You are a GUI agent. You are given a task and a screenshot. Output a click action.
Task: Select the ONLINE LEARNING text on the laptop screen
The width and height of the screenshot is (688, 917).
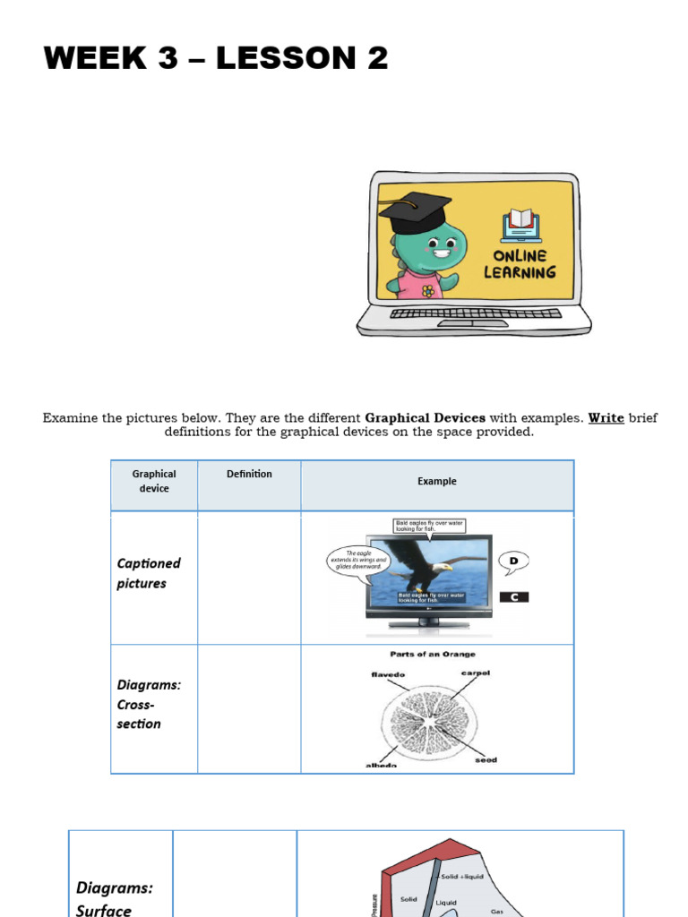(x=520, y=264)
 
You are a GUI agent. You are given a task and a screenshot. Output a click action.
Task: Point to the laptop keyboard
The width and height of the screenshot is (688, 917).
(x=476, y=313)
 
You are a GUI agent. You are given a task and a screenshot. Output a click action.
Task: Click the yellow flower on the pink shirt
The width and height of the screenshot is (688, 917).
(x=428, y=290)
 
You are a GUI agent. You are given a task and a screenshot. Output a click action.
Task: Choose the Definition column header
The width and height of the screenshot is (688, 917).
(x=249, y=475)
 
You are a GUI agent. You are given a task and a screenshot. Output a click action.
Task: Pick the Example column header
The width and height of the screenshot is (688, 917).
(x=437, y=482)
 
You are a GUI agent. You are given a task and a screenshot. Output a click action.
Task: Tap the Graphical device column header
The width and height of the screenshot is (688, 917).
(x=154, y=482)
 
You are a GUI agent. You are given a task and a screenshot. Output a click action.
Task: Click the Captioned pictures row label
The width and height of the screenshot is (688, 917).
(x=149, y=573)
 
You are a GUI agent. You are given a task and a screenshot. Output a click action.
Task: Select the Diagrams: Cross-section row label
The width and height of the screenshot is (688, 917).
(x=149, y=704)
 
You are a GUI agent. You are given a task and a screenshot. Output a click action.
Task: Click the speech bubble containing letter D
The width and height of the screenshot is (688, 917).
(x=513, y=562)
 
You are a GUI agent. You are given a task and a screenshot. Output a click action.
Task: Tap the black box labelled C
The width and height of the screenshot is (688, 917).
(x=514, y=597)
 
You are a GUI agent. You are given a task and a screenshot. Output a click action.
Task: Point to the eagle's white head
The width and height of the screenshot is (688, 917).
(x=441, y=568)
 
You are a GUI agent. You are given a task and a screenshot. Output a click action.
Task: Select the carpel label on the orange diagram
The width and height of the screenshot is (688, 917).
(x=476, y=673)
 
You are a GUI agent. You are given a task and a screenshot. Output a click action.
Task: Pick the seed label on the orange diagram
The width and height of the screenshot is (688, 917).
(x=486, y=760)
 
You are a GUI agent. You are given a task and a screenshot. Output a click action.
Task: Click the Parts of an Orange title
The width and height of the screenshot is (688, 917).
(x=433, y=655)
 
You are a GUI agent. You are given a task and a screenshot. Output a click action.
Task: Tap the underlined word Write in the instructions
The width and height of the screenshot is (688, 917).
(x=606, y=418)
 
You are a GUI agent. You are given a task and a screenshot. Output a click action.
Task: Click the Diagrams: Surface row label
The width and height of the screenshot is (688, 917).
(x=115, y=898)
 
